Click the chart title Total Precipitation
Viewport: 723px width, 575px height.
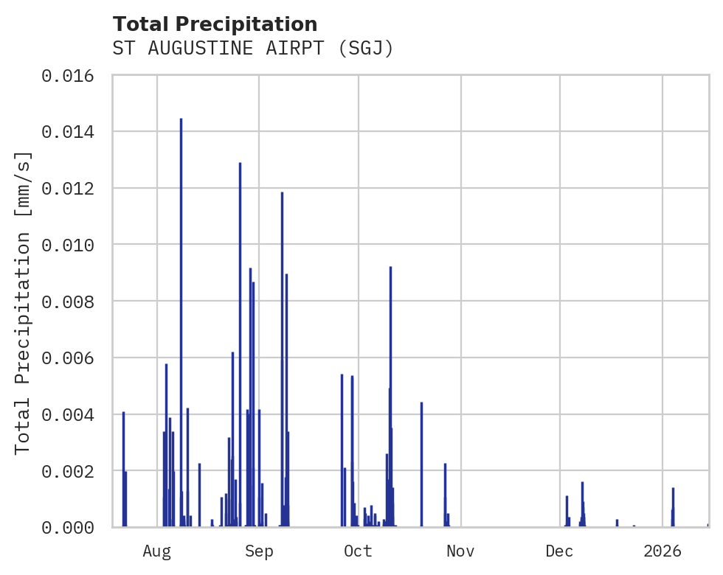(215, 24)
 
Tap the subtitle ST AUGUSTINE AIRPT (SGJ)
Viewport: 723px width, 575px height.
(253, 49)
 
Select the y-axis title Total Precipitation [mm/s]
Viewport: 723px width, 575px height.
(23, 302)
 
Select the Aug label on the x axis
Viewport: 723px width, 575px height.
(157, 551)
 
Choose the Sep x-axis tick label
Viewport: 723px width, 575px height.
(259, 551)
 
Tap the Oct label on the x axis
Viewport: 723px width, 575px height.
(359, 551)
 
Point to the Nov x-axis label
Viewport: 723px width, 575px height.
(460, 551)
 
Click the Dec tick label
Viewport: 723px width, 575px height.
(560, 551)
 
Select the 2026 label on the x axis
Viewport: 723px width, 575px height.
(663, 551)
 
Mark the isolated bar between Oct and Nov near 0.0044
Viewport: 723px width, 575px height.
(421, 464)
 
